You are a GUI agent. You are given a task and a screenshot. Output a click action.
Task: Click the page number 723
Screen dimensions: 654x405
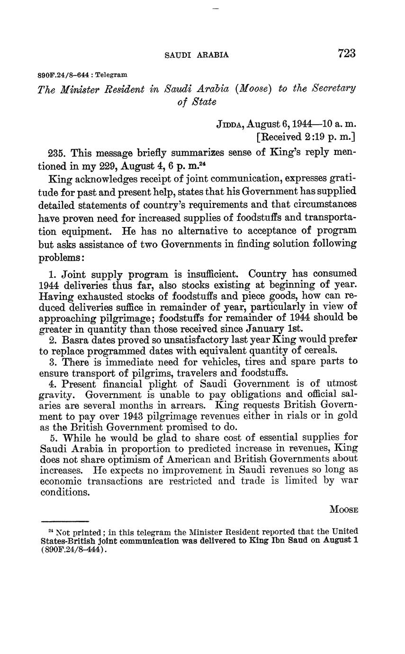(347, 54)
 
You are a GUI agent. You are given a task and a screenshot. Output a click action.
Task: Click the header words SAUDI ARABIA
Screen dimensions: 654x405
(197, 55)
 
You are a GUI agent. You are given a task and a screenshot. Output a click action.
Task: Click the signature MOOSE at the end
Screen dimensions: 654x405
(343, 510)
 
